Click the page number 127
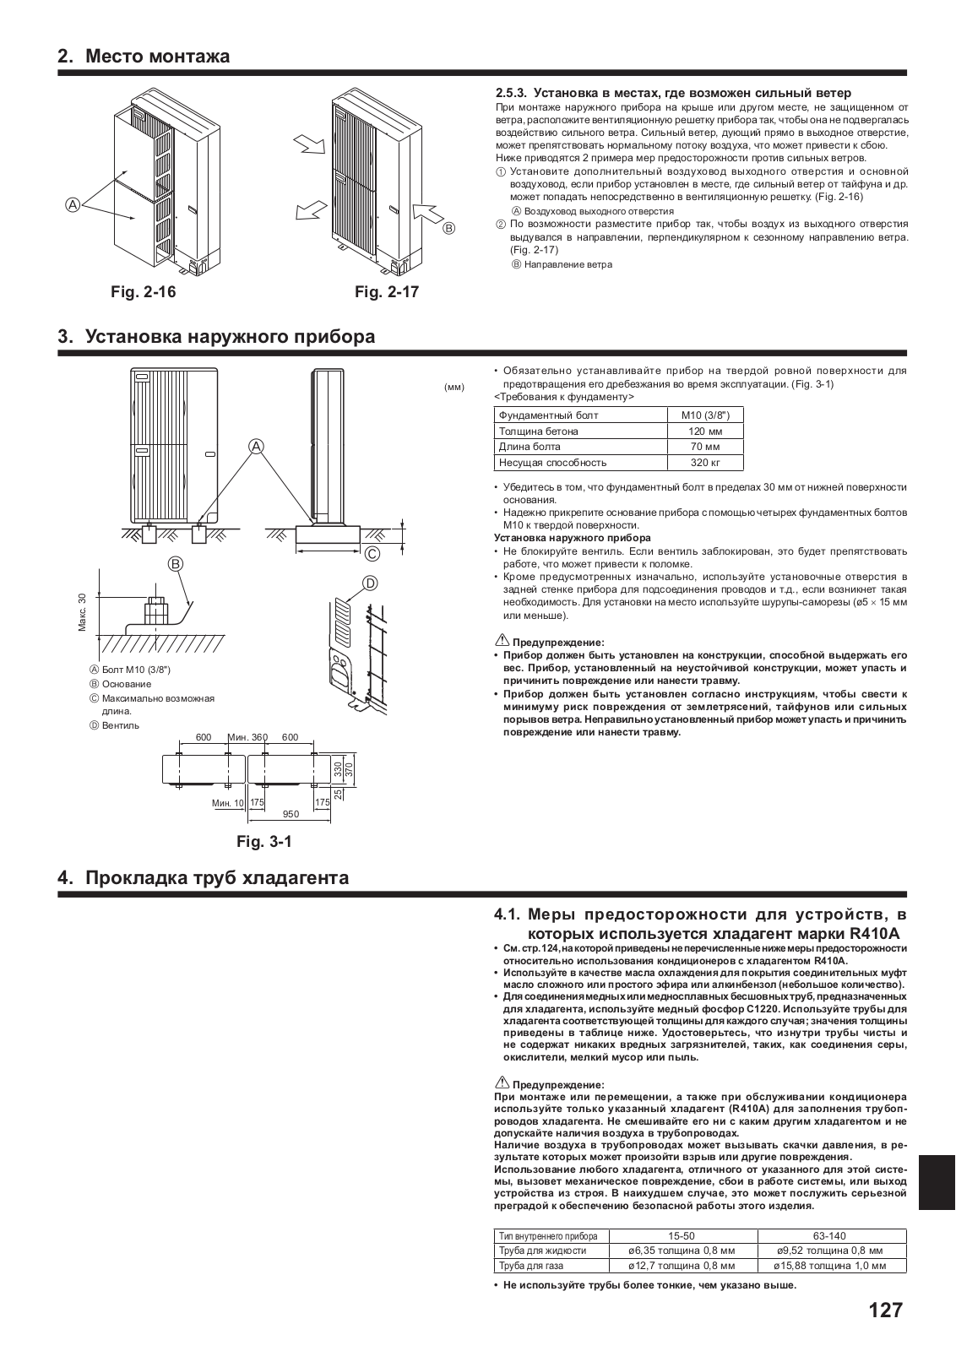pos(885,1310)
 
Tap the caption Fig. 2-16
pos(144,292)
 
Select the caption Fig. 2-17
pos(387,292)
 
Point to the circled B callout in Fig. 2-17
pos(449,228)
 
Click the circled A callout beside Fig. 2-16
pos(73,203)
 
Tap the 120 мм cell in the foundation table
pos(705,431)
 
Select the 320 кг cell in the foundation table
pos(705,462)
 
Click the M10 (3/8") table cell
pos(705,415)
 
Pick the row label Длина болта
pos(530,447)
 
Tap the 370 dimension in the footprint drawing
pos(348,769)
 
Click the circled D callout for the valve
pos(370,583)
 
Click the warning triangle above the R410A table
pos(500,1083)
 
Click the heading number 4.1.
pos(511,914)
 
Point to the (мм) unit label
pos(454,387)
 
